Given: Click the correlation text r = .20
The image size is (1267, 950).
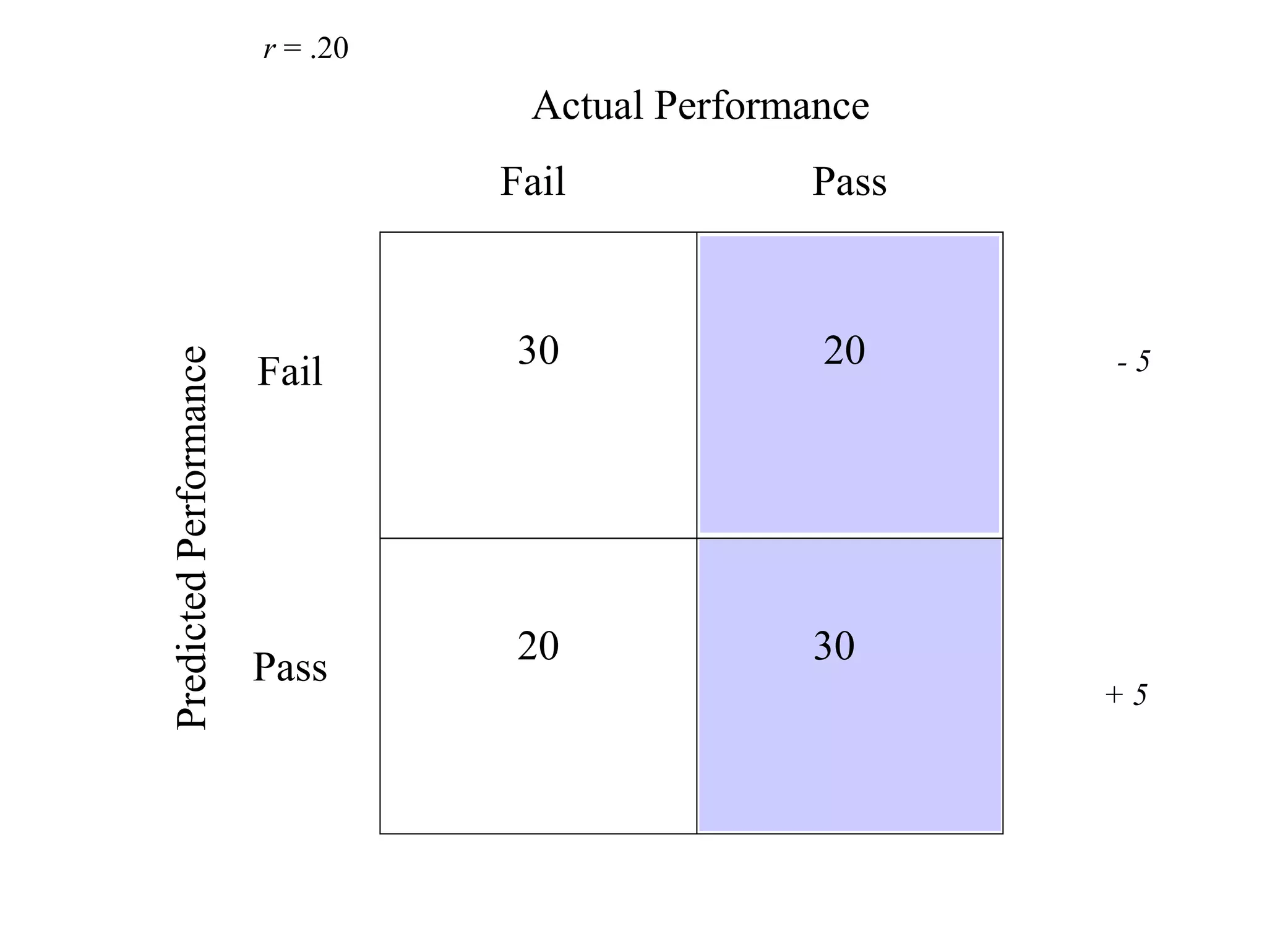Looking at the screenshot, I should click(306, 49).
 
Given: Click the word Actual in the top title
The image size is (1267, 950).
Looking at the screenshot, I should click(587, 106).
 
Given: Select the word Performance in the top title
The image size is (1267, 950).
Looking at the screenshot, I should click(762, 106).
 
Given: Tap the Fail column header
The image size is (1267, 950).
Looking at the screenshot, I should click(532, 182).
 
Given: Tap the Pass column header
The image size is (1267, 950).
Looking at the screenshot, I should click(849, 182).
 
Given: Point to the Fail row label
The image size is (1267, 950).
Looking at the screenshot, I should click(290, 372).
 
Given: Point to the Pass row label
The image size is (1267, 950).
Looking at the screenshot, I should click(290, 668).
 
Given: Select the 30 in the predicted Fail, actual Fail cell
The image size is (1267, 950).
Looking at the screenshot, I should click(538, 351).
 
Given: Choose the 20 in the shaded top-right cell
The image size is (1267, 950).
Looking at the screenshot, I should click(844, 351).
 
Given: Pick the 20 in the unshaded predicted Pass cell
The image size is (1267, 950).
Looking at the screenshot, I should click(538, 646).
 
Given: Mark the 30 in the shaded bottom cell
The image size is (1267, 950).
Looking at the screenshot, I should click(833, 646).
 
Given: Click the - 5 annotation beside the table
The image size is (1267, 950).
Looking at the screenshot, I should click(1133, 362).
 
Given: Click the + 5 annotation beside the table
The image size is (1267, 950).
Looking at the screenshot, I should click(1126, 695).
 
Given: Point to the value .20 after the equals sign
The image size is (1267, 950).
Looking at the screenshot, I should click(329, 49).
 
